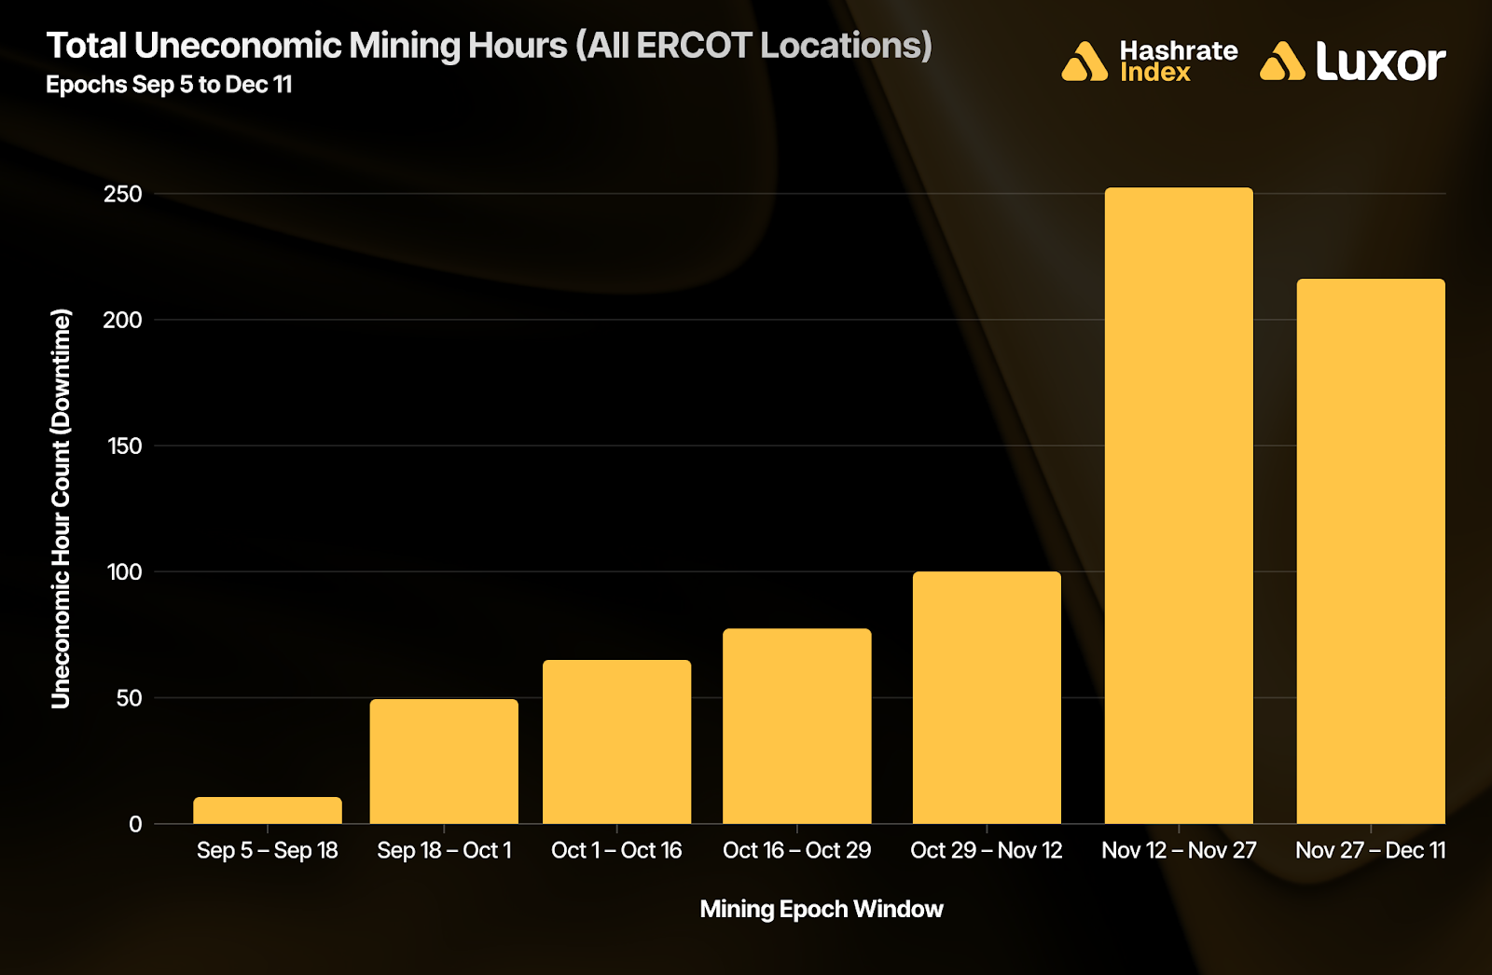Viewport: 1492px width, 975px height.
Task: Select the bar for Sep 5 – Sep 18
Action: pyautogui.click(x=268, y=810)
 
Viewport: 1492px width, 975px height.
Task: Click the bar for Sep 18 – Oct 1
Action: pyautogui.click(x=444, y=761)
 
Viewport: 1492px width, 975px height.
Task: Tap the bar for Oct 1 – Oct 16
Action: pyautogui.click(x=616, y=741)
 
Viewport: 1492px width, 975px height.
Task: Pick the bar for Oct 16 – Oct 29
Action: pyautogui.click(x=797, y=725)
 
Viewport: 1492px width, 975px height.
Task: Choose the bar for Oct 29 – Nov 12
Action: pyautogui.click(x=987, y=697)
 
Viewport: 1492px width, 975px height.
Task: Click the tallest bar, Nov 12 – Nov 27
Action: pyautogui.click(x=1179, y=505)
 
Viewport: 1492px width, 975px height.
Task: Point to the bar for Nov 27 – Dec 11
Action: pyautogui.click(x=1371, y=551)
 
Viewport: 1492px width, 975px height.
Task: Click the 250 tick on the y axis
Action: pyautogui.click(x=123, y=194)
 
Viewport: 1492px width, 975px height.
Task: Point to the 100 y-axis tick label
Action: pyautogui.click(x=124, y=571)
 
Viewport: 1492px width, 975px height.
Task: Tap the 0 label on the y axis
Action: pyautogui.click(x=135, y=824)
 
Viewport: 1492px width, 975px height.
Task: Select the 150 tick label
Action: pyautogui.click(x=124, y=446)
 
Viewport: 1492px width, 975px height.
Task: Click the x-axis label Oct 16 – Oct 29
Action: pyautogui.click(x=797, y=850)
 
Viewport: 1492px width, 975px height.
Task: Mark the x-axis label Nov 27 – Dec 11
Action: pyautogui.click(x=1371, y=850)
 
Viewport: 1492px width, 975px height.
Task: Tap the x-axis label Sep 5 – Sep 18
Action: pyautogui.click(x=268, y=850)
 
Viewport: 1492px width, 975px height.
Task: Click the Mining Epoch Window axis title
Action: pyautogui.click(x=822, y=909)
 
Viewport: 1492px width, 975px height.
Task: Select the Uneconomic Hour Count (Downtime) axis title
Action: pyautogui.click(x=61, y=508)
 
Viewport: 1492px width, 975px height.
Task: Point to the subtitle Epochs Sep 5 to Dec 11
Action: pyautogui.click(x=169, y=85)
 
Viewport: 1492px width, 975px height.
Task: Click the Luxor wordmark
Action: pyautogui.click(x=1380, y=62)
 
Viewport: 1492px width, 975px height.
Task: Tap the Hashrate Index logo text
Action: pyautogui.click(x=1178, y=62)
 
